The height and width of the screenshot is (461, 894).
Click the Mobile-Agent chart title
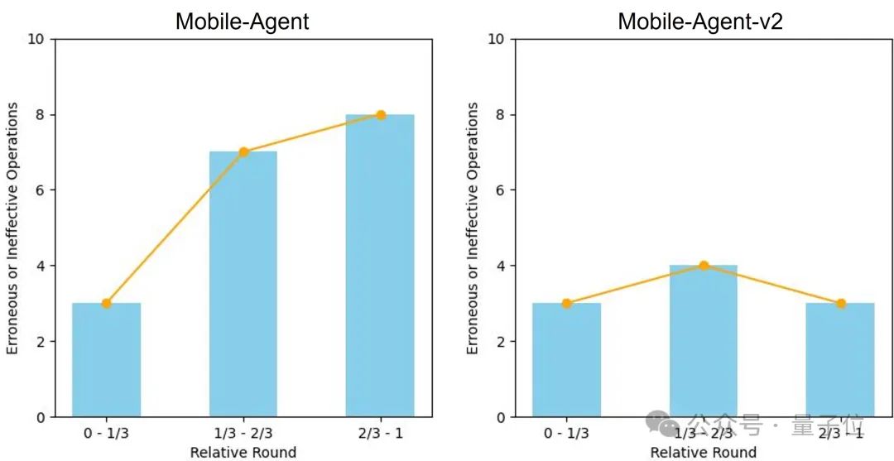pyautogui.click(x=242, y=21)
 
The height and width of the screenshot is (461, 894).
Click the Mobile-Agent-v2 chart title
pyautogui.click(x=700, y=21)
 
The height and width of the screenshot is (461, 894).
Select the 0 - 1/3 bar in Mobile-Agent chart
pyautogui.click(x=106, y=361)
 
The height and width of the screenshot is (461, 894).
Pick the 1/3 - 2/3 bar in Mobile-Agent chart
pyautogui.click(x=243, y=285)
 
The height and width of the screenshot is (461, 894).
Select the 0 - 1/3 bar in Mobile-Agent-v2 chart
pyautogui.click(x=566, y=361)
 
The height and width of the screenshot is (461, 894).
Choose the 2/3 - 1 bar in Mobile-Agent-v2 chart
pyautogui.click(x=840, y=361)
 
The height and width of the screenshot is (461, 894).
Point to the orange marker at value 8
pyautogui.click(x=381, y=115)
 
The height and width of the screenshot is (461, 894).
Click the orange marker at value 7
pyautogui.click(x=243, y=152)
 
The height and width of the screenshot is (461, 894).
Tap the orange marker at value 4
pyautogui.click(x=704, y=266)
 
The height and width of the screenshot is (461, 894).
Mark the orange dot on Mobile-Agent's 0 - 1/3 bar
pyautogui.click(x=106, y=304)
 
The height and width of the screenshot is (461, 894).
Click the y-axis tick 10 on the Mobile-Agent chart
pyautogui.click(x=37, y=39)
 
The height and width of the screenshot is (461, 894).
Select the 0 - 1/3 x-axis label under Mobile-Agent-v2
pyautogui.click(x=566, y=433)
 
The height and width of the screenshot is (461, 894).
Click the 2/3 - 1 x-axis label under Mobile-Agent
pyautogui.click(x=380, y=433)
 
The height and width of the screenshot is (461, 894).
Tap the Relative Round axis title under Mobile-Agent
pyautogui.click(x=243, y=452)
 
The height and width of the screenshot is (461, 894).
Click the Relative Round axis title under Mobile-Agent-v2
pyautogui.click(x=703, y=452)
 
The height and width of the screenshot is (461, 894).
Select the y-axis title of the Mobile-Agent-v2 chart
pyautogui.click(x=473, y=228)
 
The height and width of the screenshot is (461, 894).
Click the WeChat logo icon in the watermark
pyautogui.click(x=668, y=425)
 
